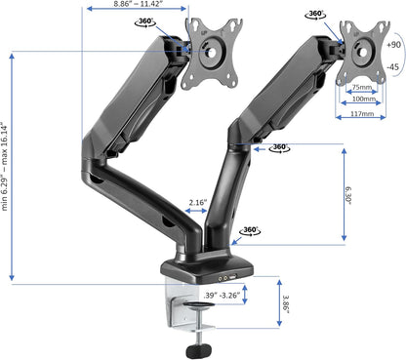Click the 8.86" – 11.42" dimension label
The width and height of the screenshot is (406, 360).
(x=137, y=5)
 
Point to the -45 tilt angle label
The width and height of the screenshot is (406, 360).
(x=393, y=67)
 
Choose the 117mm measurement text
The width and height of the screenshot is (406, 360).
(x=361, y=113)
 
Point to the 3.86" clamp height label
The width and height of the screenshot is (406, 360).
(x=282, y=306)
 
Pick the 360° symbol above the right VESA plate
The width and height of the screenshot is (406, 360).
(x=315, y=15)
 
